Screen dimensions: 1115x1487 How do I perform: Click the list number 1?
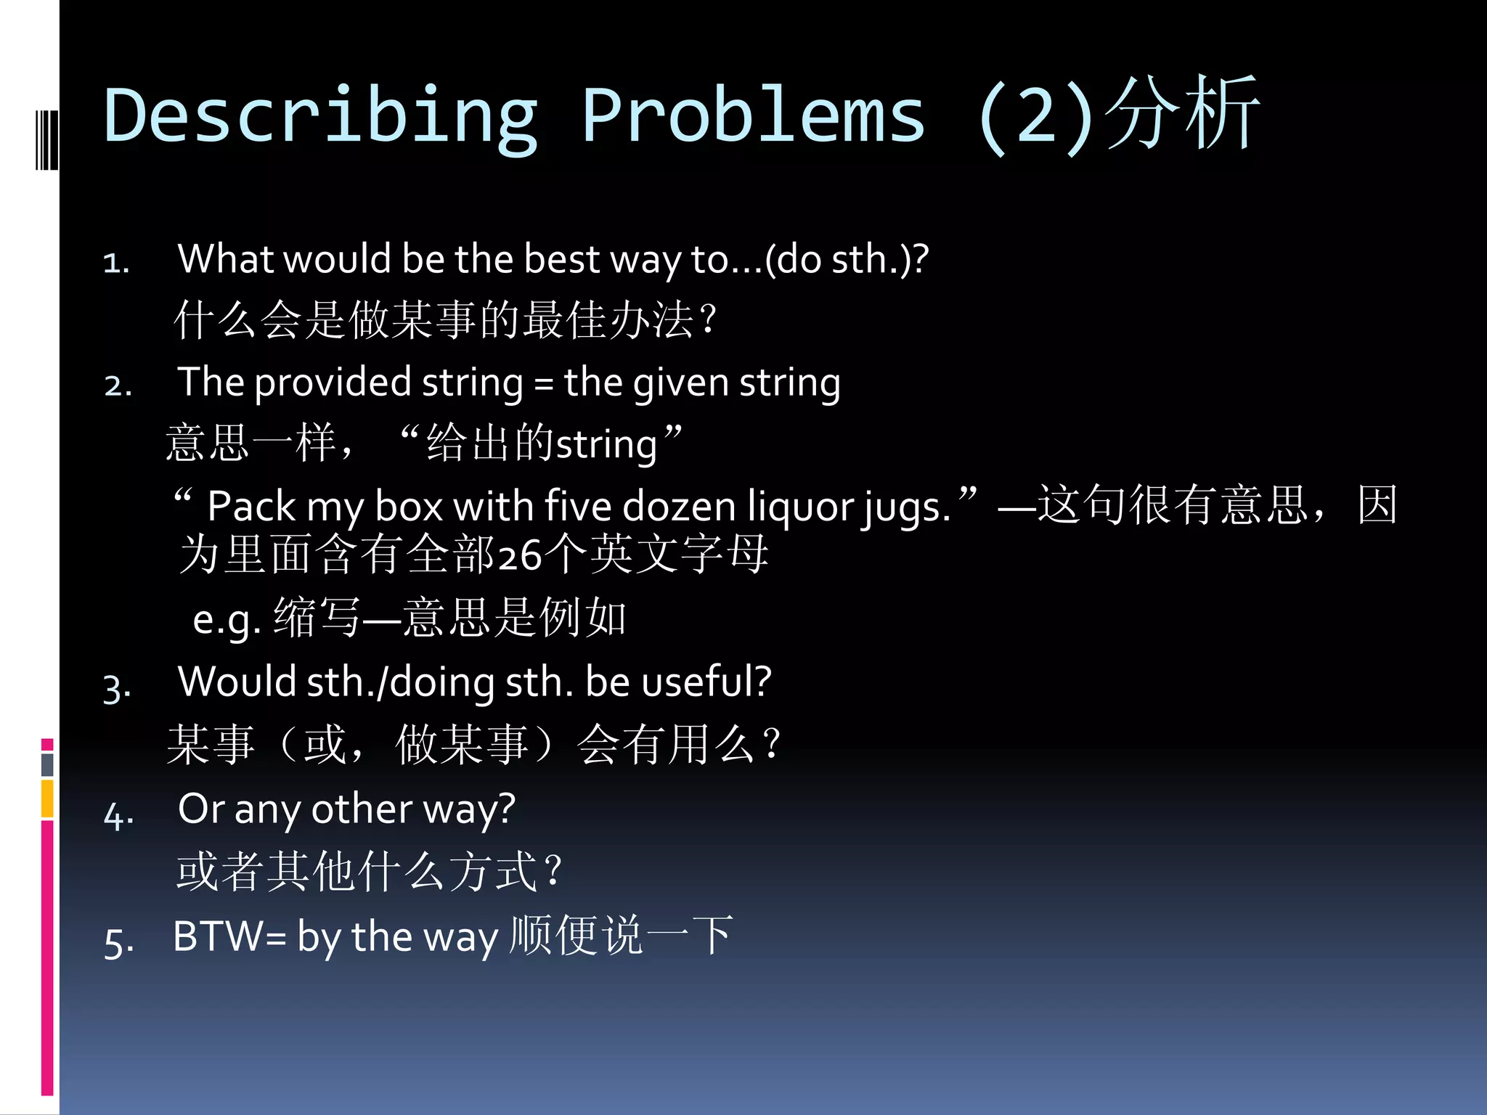(x=116, y=263)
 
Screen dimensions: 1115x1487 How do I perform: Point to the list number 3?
(x=117, y=687)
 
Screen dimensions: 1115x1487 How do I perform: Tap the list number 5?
(x=118, y=942)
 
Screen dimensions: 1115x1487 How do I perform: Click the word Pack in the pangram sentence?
(x=250, y=506)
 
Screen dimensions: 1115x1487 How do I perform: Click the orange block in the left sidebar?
(x=47, y=799)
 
